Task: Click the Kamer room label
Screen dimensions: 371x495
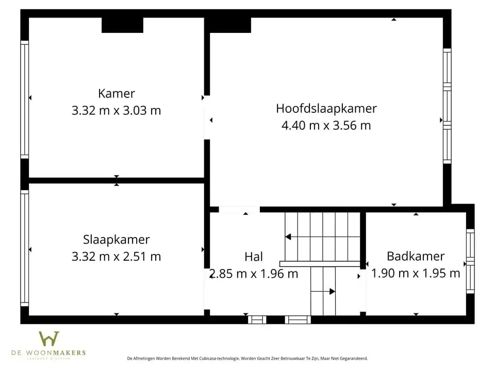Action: point(117,93)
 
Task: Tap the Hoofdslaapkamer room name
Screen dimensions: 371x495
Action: point(326,108)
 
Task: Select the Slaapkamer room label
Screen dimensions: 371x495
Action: point(117,239)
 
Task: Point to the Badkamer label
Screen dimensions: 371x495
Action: point(416,256)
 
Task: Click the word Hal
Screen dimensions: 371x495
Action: point(254,257)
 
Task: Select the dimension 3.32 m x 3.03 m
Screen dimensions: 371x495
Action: point(117,110)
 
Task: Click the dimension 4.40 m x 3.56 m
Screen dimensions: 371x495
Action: point(326,125)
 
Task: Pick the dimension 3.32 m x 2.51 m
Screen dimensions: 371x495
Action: point(117,256)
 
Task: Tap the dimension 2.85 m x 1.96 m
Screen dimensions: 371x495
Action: point(254,274)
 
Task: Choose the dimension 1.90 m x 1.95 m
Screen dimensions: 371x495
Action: point(416,273)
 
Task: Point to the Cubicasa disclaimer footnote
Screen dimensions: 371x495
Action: point(247,358)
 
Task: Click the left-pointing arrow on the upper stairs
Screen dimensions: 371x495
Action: point(288,237)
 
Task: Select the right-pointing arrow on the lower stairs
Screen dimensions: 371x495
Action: point(332,291)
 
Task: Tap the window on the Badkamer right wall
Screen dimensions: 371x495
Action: point(470,261)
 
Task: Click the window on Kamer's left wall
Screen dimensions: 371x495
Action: point(24,99)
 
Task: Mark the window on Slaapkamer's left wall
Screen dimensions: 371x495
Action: point(24,248)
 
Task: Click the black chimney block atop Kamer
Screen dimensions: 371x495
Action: point(122,25)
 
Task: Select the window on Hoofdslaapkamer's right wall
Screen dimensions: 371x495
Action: point(447,106)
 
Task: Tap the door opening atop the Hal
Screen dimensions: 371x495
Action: point(239,210)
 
